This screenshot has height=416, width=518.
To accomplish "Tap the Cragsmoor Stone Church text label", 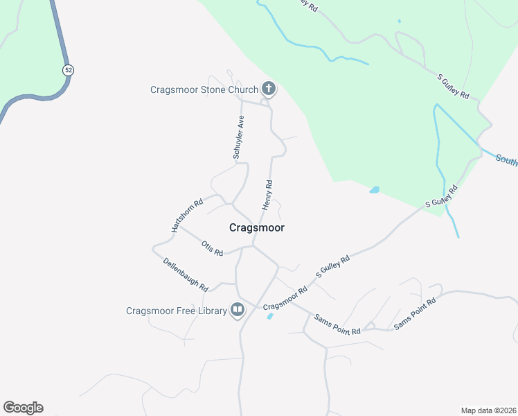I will click(204, 89).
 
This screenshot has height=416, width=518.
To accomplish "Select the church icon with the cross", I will click(269, 89).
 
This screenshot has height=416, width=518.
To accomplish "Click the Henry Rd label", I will click(267, 195).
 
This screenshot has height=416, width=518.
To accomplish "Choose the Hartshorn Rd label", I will click(187, 216).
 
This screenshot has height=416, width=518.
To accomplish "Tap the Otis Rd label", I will click(212, 248).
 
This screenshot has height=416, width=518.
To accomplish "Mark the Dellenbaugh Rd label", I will click(186, 274).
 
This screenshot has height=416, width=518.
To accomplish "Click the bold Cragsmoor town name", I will click(256, 227).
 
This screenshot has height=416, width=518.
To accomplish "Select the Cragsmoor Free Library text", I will click(176, 311).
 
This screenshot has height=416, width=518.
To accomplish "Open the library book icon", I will click(238, 310).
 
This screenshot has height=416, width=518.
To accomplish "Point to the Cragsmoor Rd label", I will click(285, 299).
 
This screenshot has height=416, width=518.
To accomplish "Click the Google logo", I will click(23, 408).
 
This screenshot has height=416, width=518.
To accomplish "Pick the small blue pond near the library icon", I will click(269, 317).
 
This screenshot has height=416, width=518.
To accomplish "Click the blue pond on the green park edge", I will click(375, 189).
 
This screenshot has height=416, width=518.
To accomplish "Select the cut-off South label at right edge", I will click(506, 160).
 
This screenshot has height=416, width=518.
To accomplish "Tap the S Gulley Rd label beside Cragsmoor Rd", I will click(333, 267).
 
